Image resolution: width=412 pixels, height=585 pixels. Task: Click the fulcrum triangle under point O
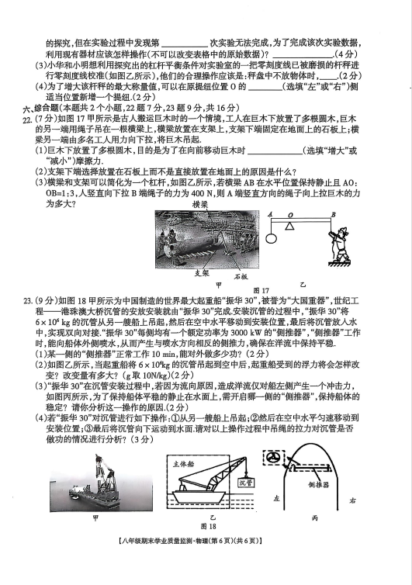point(289,226)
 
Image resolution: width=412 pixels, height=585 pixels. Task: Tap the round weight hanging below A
point(272,239)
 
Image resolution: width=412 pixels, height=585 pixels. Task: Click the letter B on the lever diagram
point(334,214)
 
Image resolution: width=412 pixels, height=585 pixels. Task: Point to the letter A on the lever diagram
point(270,214)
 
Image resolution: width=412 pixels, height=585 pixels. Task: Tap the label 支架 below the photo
point(202,273)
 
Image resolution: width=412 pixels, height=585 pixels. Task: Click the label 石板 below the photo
point(241,276)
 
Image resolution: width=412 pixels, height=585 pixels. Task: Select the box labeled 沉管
point(246,483)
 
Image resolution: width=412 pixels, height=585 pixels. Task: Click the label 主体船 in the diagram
point(183,464)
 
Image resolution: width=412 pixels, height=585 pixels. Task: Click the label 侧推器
point(318,485)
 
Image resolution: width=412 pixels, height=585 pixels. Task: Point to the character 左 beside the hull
point(276,498)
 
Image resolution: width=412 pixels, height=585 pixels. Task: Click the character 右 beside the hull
point(352,500)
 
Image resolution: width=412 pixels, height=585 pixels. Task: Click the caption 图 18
point(208,526)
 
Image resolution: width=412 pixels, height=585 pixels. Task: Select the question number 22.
point(27,119)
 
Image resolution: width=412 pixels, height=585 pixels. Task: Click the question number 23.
point(27,301)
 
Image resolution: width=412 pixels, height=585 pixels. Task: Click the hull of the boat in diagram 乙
point(201,496)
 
